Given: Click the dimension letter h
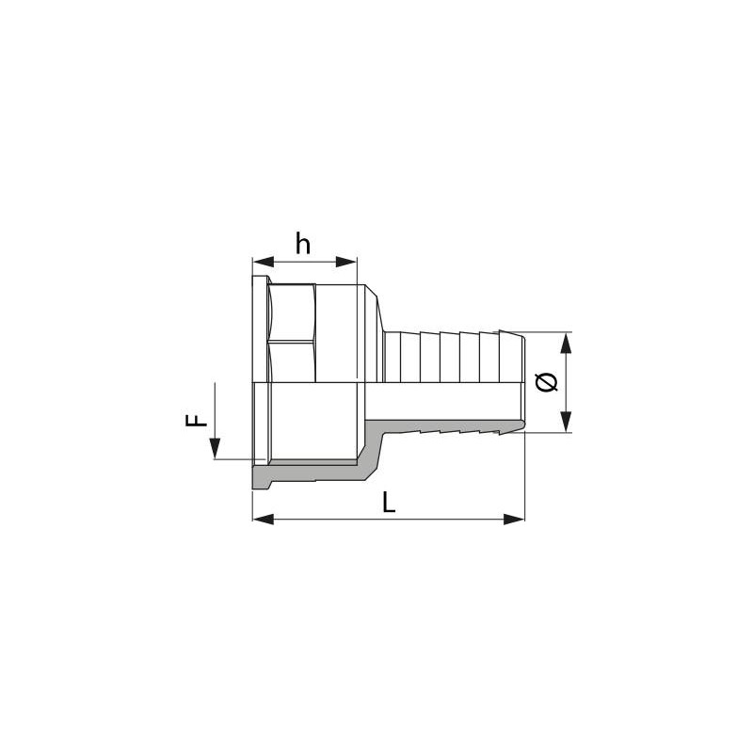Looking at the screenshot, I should [303, 244].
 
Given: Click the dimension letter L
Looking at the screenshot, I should [389, 503].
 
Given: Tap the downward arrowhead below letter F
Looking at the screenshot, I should [215, 450].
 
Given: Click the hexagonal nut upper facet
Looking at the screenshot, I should [292, 313].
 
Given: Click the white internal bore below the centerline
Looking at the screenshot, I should [311, 424].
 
